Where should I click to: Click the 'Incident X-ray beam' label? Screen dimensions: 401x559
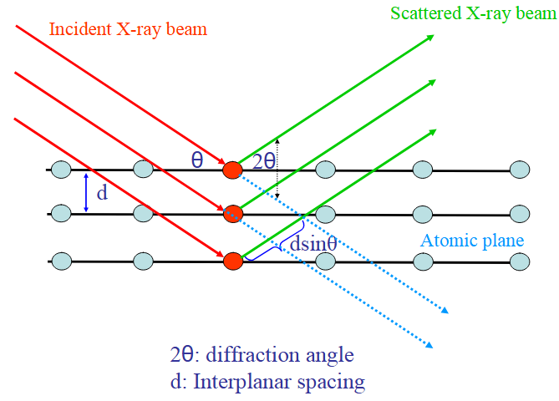[x=128, y=29]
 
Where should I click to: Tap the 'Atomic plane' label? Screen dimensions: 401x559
[x=472, y=241]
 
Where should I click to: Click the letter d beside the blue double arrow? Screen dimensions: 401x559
[x=102, y=194]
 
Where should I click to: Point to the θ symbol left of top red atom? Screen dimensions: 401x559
[x=197, y=160]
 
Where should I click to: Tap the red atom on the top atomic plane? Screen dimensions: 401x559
[x=232, y=170]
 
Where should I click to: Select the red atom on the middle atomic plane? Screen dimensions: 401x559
[x=232, y=214]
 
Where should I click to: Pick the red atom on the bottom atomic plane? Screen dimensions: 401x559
[x=232, y=261]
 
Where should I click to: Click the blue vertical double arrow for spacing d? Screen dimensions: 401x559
[x=86, y=192]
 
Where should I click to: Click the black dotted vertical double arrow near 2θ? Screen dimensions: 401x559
[x=278, y=167]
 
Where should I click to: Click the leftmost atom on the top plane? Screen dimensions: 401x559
[x=60, y=170]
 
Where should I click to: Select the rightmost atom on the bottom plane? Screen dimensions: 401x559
[x=520, y=261]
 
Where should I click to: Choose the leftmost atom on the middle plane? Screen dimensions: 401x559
[x=60, y=214]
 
